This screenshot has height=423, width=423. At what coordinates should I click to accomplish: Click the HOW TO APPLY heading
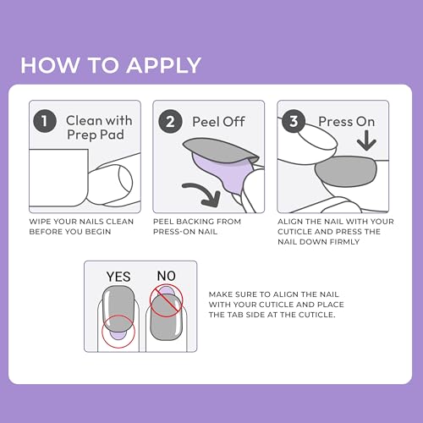[111, 65]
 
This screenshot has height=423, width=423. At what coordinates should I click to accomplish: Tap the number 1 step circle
[44, 121]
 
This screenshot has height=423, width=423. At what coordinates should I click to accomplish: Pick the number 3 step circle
[295, 121]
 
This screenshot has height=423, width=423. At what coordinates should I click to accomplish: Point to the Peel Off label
[218, 122]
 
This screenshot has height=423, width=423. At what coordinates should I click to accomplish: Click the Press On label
[346, 122]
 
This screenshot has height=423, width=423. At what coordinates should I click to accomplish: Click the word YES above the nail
[118, 276]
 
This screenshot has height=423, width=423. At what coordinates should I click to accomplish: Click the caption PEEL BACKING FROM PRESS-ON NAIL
[197, 227]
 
